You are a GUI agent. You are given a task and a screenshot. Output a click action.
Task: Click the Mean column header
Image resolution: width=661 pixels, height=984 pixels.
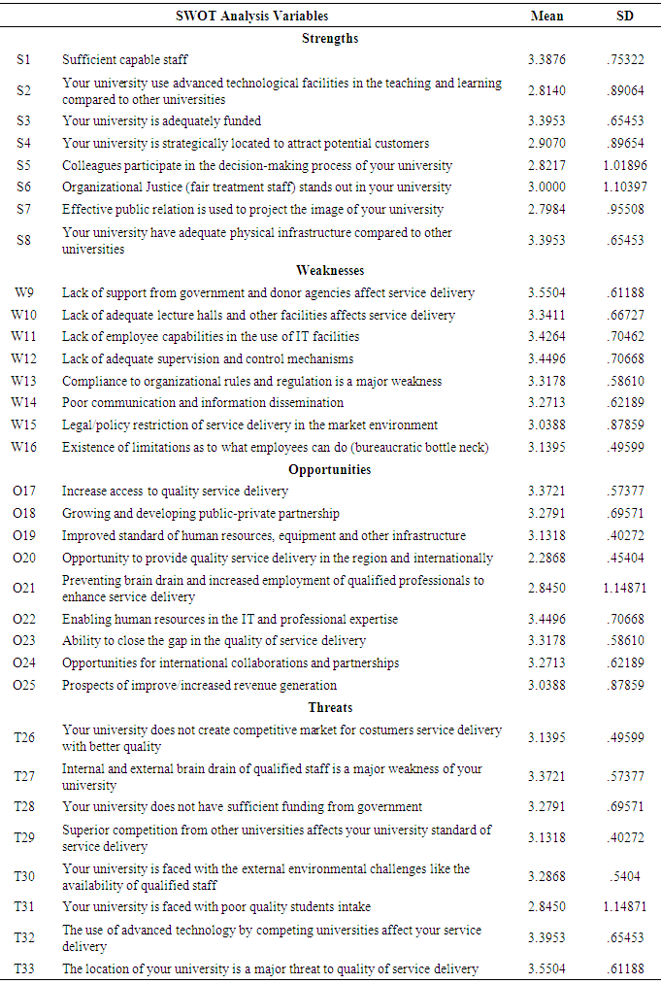pyautogui.click(x=546, y=16)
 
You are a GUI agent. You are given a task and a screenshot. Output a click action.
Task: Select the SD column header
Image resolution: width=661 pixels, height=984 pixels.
pyautogui.click(x=625, y=16)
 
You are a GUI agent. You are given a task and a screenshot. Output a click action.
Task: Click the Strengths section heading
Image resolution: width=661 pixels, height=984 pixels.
pyautogui.click(x=331, y=38)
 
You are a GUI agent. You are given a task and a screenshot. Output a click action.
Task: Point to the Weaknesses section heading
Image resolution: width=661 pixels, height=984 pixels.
pyautogui.click(x=331, y=270)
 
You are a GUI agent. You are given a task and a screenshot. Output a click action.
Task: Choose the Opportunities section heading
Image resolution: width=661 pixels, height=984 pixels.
pyautogui.click(x=331, y=469)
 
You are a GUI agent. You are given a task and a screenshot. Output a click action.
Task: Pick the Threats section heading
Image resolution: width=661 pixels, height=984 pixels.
pyautogui.click(x=331, y=707)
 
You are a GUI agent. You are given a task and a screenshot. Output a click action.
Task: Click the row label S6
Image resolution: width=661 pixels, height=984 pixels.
pyautogui.click(x=24, y=187)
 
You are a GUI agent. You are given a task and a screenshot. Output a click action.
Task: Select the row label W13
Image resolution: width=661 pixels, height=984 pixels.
pyautogui.click(x=24, y=381)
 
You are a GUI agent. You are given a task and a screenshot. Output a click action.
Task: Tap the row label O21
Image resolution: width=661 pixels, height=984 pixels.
pyautogui.click(x=24, y=589)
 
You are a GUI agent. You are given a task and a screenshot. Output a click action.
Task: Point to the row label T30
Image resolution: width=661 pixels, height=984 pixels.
pyautogui.click(x=24, y=876)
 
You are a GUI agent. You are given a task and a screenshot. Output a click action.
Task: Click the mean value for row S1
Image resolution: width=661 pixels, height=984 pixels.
pyautogui.click(x=547, y=60)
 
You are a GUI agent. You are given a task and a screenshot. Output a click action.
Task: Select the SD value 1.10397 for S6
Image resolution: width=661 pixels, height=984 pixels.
pyautogui.click(x=624, y=187)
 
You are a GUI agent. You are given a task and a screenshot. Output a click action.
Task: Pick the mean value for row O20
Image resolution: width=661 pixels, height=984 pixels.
pyautogui.click(x=547, y=559)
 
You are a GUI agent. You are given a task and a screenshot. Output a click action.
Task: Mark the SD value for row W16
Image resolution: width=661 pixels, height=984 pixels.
pyautogui.click(x=624, y=447)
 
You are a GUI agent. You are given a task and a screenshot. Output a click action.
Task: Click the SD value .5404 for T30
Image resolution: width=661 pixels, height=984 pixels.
pyautogui.click(x=624, y=876)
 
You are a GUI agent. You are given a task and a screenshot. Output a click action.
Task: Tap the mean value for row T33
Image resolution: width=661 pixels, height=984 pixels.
pyautogui.click(x=547, y=968)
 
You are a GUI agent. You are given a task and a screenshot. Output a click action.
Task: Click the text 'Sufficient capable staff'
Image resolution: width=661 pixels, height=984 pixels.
pyautogui.click(x=125, y=60)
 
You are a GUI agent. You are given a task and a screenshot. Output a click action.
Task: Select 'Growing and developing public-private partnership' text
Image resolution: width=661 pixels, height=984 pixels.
pyautogui.click(x=201, y=514)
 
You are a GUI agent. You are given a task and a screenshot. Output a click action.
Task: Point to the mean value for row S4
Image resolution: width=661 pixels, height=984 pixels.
pyautogui.click(x=547, y=144)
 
